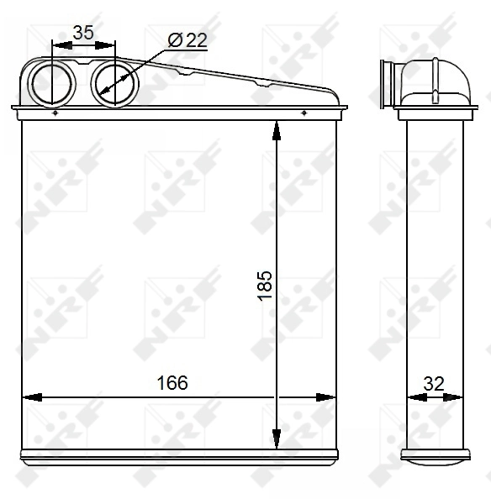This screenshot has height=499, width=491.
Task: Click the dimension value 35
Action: (x=82, y=33)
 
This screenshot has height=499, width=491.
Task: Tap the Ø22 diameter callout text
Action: (x=187, y=39)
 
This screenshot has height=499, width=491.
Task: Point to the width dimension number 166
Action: (x=172, y=382)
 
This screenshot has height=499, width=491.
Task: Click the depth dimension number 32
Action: (x=433, y=382)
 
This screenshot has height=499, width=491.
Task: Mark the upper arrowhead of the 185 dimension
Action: (x=277, y=129)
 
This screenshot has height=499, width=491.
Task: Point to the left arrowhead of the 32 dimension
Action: (x=412, y=397)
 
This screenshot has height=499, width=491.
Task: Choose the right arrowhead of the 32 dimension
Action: (x=454, y=397)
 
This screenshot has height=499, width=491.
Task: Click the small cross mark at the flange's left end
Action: (x=54, y=113)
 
